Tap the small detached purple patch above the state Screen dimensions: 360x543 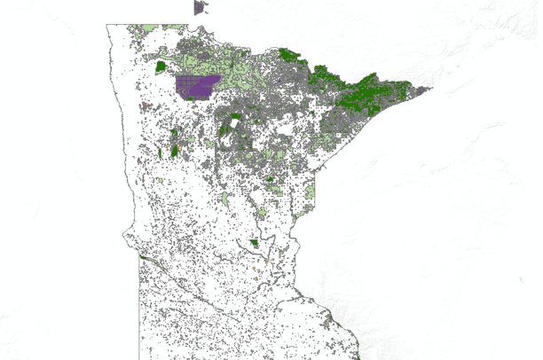tap(200, 7)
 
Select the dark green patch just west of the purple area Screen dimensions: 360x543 tap(161, 66)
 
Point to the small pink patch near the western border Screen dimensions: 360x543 tap(143, 106)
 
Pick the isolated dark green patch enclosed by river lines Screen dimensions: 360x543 tap(255, 243)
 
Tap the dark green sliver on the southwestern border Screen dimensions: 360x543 tap(143, 257)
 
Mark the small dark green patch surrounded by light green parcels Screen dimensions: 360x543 tap(269, 181)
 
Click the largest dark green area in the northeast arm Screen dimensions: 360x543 tap(368, 93)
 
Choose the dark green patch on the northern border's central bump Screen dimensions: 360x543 tap(288, 54)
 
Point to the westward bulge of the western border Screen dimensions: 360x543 tap(125, 239)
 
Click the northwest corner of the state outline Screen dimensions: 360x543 tap(107, 25)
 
